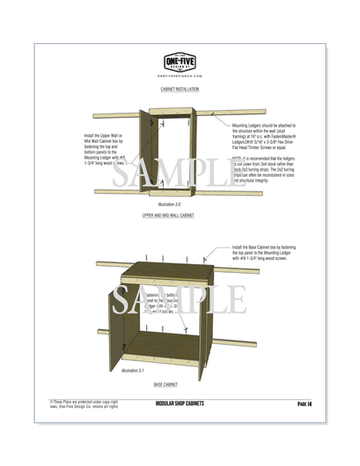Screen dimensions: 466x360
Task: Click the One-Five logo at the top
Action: [180, 61]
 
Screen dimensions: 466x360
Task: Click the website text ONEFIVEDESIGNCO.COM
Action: [180, 75]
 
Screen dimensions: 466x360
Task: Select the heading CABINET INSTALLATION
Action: [180, 89]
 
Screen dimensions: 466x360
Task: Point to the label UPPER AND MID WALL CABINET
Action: [180, 214]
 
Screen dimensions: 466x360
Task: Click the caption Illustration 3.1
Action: [132, 370]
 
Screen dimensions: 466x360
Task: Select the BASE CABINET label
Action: [179, 384]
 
